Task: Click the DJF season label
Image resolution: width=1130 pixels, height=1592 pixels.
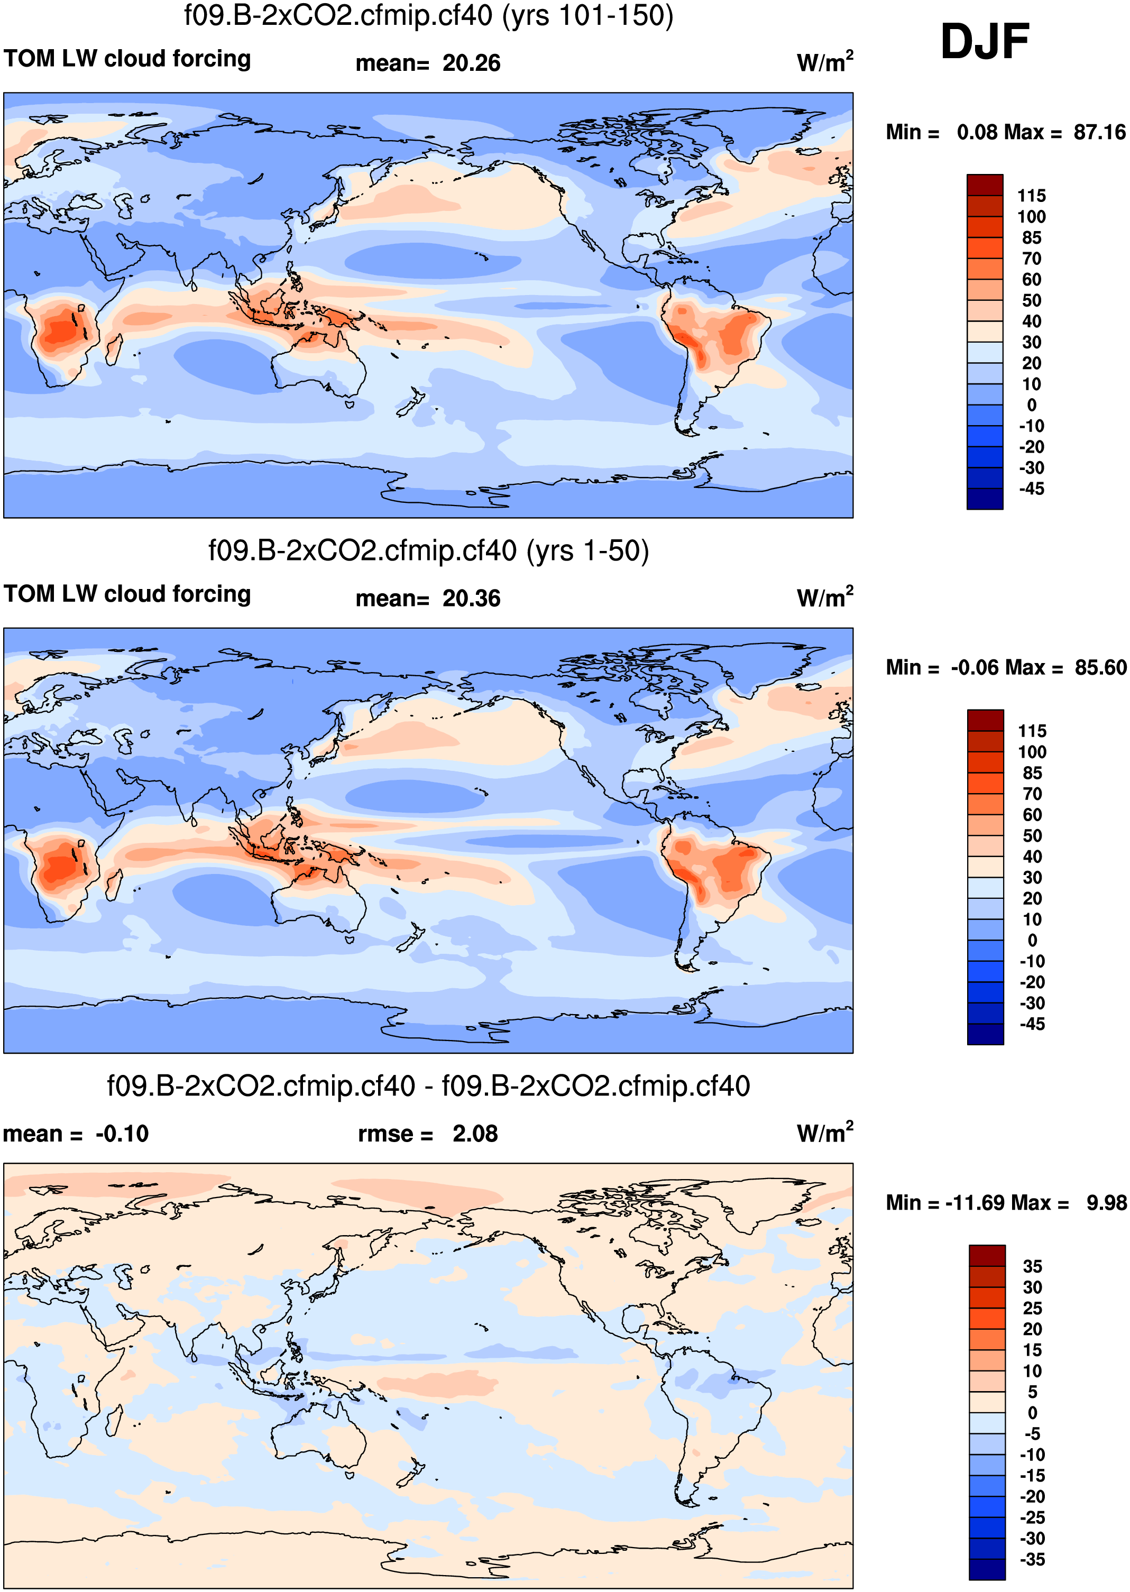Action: [984, 42]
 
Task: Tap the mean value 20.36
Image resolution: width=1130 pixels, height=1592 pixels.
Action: [471, 599]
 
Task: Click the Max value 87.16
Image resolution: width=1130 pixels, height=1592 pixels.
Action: [1099, 132]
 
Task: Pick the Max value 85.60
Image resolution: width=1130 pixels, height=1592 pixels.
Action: [1100, 667]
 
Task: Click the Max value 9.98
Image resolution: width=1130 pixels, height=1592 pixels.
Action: [1106, 1202]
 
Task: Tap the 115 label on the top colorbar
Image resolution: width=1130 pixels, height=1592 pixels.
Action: [1031, 196]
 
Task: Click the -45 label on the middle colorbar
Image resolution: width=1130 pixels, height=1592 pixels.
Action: [1032, 1024]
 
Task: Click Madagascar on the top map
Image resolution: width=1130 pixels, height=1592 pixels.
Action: [113, 348]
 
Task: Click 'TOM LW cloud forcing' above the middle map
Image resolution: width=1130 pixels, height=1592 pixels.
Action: [127, 594]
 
